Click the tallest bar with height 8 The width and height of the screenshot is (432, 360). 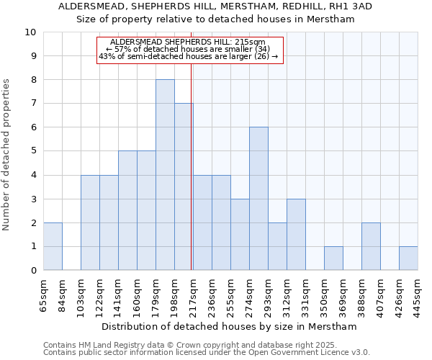coord(165,175)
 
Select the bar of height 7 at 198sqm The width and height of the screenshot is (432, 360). coord(184,187)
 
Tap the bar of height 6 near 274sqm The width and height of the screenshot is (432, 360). coord(258,199)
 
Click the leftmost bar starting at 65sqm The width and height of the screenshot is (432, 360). coord(53,246)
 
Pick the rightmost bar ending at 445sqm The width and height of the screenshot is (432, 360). coord(408,258)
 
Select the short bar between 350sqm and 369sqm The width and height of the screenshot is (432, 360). coord(333,258)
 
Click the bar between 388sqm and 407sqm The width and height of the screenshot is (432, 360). coord(371,246)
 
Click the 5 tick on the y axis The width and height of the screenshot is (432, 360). coord(33,151)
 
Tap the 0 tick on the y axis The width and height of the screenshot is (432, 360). coord(33,271)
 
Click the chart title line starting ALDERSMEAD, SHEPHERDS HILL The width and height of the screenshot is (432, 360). coord(215,6)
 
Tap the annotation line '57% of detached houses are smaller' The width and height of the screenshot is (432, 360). coord(188,49)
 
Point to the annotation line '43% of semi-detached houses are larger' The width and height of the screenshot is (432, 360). coord(188,56)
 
